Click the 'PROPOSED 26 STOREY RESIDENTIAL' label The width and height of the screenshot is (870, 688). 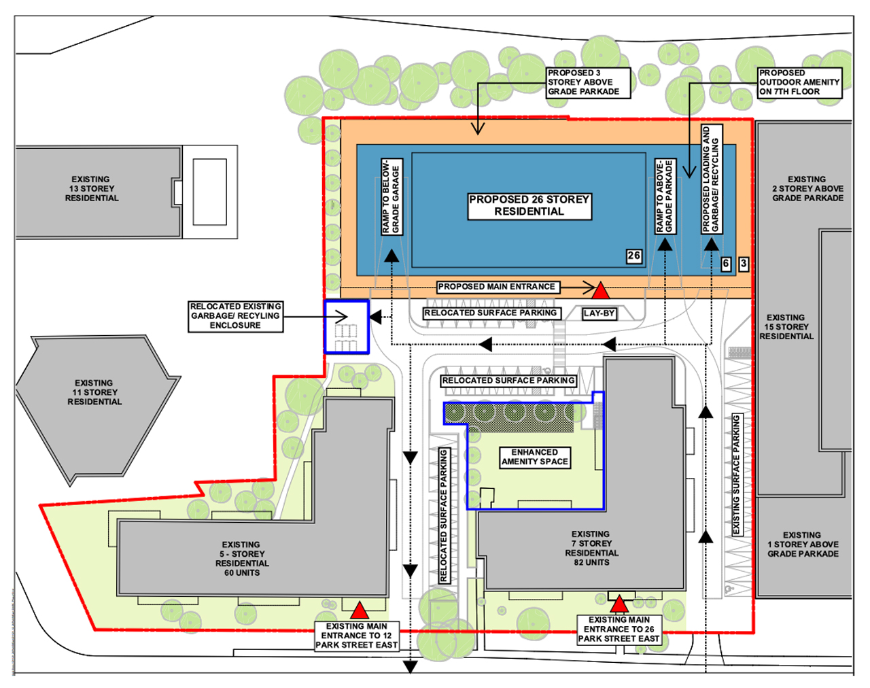pos(529,206)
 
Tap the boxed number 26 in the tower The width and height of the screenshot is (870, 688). pos(633,256)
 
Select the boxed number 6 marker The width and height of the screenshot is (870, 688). pos(726,264)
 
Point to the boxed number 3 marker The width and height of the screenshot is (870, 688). pos(744,264)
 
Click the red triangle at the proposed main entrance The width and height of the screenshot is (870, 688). pos(601,290)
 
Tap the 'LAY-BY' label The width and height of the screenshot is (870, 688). pos(599,313)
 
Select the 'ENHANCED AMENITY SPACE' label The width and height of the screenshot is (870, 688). pos(535,458)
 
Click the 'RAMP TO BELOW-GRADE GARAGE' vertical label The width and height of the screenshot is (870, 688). pos(391,196)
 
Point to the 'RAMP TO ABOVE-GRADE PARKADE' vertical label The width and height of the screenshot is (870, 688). pos(665,196)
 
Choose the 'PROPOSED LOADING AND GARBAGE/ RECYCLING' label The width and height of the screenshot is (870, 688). pos(712,179)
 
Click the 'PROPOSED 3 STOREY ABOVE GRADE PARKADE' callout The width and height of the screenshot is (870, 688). pos(588,82)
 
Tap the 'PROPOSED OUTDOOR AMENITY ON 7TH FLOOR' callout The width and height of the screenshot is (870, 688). pos(799,82)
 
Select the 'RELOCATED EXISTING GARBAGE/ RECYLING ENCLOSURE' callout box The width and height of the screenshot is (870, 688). pos(236,316)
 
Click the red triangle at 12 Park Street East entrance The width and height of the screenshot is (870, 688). pos(360,610)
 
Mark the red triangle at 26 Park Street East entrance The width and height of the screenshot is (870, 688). pos(619,604)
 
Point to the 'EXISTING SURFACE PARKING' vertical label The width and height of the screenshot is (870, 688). pos(736,474)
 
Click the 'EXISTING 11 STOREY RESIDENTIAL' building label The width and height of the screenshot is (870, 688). pos(94,392)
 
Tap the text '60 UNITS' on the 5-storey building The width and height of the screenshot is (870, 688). pos(242,572)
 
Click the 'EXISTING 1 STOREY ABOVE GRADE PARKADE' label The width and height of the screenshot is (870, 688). pos(803,544)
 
